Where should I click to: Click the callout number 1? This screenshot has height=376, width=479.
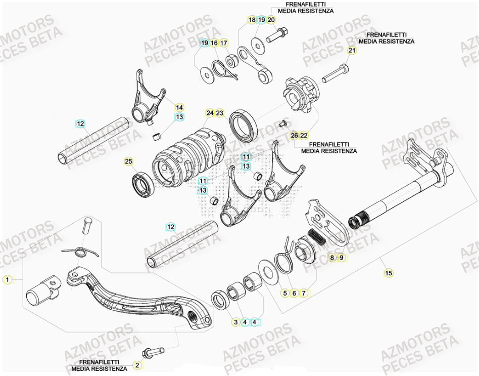7,279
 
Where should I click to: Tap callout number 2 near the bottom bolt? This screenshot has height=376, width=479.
136,364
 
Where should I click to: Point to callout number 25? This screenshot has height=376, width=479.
129,161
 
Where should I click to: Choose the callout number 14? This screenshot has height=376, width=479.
179,107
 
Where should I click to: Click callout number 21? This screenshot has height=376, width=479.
352,51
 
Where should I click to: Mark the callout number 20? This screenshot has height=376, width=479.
271,20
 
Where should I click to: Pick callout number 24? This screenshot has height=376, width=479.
210,113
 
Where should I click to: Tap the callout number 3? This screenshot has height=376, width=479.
235,321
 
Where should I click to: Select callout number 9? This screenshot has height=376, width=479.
342,258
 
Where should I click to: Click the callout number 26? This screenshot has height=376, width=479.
294,135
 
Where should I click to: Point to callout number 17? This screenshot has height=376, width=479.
224,44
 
